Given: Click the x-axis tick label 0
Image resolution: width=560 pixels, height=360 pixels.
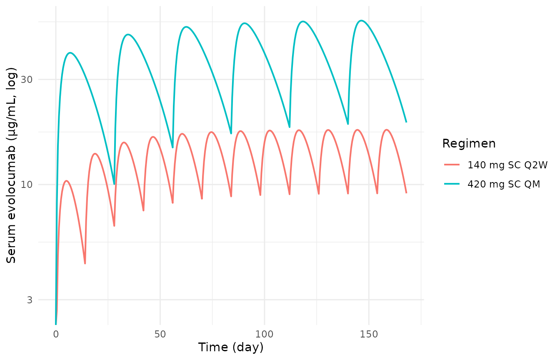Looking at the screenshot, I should point(56,334).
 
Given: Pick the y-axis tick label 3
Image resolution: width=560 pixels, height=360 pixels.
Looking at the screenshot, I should point(30,300).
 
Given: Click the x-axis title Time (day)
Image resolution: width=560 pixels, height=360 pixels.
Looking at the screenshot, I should point(231,347).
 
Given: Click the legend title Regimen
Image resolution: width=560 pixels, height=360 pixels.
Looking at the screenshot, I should point(469,144).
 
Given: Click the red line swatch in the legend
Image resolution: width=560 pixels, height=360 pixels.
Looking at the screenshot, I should point(452,165).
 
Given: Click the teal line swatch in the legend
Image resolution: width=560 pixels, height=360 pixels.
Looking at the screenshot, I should point(452,184).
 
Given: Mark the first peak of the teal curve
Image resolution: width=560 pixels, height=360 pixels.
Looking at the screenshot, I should point(70,53).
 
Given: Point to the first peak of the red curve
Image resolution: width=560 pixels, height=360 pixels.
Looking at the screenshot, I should point(66,181).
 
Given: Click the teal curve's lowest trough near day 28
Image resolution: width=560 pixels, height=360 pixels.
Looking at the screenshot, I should point(114,184).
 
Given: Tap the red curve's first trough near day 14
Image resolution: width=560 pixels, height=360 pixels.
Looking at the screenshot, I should point(85,263).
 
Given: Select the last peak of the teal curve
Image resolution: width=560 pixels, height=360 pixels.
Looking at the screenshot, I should point(361,20).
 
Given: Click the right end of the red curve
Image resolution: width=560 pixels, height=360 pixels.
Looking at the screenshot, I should point(406,193).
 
